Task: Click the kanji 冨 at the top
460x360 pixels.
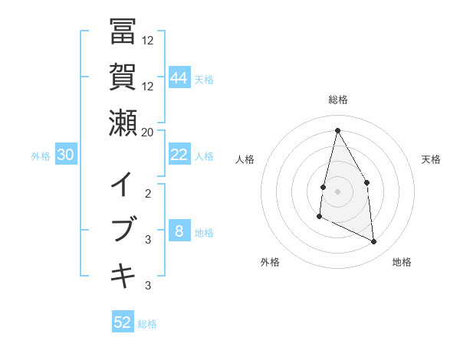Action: click(123, 32)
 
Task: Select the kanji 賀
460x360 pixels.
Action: click(123, 77)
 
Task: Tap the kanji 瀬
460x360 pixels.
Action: click(123, 123)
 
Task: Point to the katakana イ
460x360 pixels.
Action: click(123, 185)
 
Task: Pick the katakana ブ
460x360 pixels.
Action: click(123, 231)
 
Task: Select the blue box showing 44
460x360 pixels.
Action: click(179, 78)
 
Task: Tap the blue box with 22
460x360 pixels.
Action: click(179, 155)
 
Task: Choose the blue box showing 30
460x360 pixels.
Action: click(65, 155)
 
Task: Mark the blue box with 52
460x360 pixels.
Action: click(123, 322)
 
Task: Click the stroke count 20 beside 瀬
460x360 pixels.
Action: click(147, 132)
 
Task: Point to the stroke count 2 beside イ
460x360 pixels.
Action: click(148, 194)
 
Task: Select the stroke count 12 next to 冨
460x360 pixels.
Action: click(148, 41)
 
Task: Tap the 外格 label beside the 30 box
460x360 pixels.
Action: click(41, 156)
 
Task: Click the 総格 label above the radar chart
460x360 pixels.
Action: click(337, 100)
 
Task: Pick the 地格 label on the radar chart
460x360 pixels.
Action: click(402, 262)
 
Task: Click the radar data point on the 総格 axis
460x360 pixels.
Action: click(337, 130)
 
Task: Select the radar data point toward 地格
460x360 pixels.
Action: click(374, 241)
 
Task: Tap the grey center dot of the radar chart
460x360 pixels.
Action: click(337, 191)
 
